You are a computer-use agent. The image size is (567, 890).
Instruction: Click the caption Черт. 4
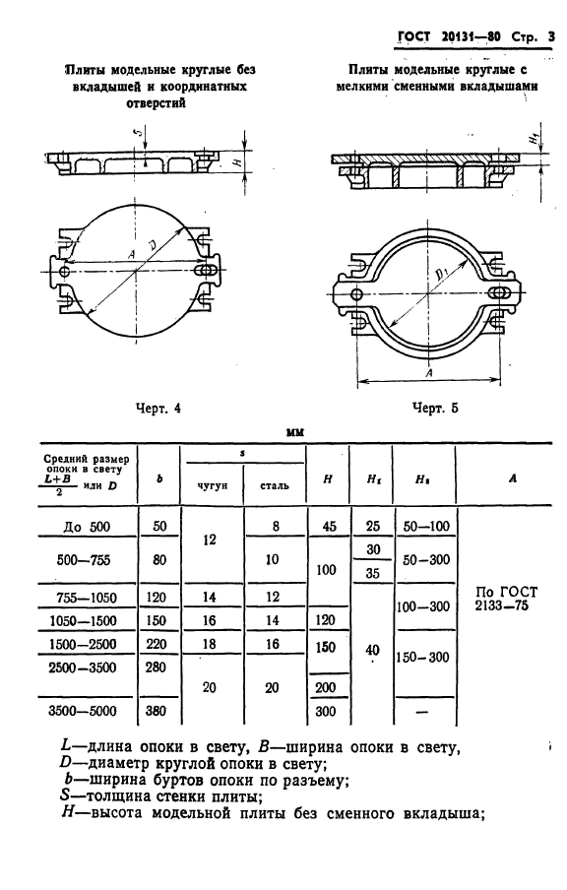(x=158, y=409)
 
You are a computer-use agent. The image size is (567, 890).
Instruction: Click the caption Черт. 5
(x=435, y=409)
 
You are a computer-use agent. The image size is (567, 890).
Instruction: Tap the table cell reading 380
(x=156, y=711)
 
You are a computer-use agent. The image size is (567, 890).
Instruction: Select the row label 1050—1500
(x=83, y=621)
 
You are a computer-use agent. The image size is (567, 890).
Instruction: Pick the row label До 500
(x=87, y=528)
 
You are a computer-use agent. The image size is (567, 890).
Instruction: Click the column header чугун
(x=212, y=485)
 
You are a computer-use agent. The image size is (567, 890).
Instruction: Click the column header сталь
(x=274, y=485)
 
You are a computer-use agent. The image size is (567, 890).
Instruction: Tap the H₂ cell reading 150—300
(x=422, y=658)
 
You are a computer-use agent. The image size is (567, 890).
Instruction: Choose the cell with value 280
(x=156, y=667)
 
